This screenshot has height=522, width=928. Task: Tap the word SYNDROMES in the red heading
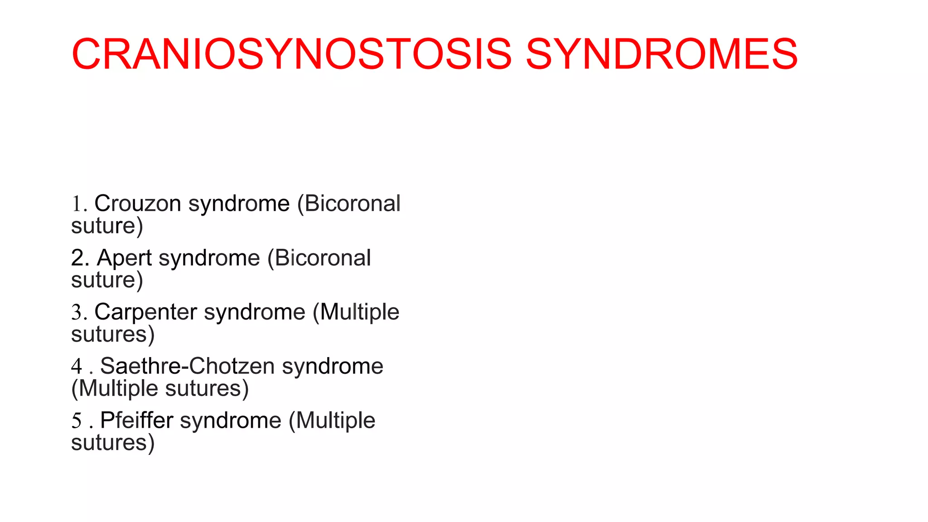coord(661,54)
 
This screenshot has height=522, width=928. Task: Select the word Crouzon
coord(138,203)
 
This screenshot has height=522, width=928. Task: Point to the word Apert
coord(124,258)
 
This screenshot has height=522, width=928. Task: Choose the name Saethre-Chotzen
coord(187,366)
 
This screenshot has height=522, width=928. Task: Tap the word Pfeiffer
coord(136,420)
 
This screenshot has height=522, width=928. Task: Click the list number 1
coord(77,204)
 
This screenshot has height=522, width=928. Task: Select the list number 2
coord(78,258)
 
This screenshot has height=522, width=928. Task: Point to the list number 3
coord(77,313)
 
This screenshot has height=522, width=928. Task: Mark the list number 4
coord(77,367)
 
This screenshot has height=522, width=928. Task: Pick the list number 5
coord(77,421)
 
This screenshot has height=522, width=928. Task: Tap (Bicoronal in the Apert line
coord(319,258)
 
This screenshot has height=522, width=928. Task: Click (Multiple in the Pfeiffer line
coord(332,420)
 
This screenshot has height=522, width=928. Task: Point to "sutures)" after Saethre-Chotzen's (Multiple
coord(207,389)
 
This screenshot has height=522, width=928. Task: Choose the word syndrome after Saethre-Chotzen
coord(333,366)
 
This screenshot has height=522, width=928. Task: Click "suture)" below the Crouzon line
coord(107,226)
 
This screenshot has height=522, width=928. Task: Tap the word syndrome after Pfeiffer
coord(231,420)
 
